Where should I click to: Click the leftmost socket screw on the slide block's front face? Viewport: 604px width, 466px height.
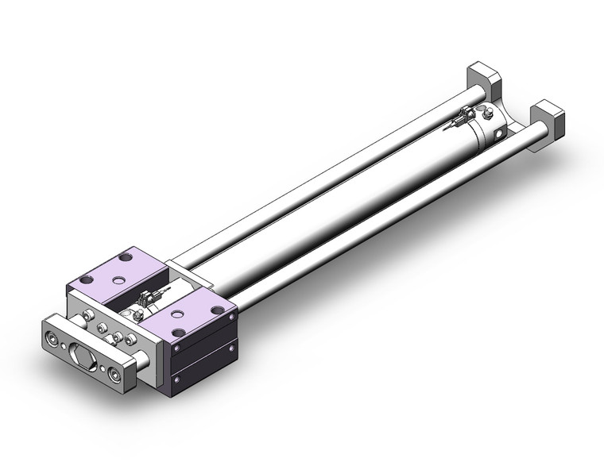[83, 319]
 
